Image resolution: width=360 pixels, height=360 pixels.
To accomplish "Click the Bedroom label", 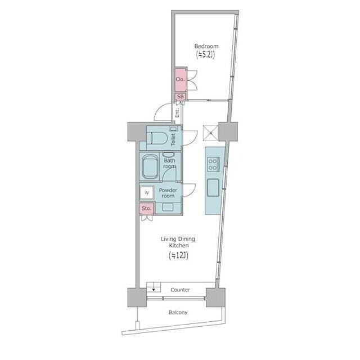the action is coord(206,46).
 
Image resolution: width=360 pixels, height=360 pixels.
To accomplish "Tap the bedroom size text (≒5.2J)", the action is coord(205,55).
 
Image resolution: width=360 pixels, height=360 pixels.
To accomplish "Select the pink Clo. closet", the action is coord(181,79).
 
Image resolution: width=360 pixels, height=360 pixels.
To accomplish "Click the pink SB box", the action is coord(181,97).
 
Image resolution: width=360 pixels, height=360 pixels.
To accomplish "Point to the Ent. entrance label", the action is coord(177,113).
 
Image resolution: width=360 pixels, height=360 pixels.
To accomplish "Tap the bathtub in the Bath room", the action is coord(150,167).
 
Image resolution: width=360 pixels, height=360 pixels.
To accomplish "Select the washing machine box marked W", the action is coord(147,193).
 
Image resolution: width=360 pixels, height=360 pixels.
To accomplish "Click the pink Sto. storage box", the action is coord(146,209).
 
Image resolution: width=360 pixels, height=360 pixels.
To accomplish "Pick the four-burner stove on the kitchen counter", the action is coord(214,164).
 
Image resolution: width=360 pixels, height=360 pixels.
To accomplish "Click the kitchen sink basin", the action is coord(213,188).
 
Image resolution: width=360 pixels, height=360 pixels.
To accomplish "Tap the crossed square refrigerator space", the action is coord(210,133).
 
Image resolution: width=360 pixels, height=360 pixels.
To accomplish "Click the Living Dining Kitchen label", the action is coord(178,242).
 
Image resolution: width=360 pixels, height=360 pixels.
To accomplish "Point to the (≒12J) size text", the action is coord(178,255).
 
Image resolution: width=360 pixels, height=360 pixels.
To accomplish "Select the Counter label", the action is coord(180,290).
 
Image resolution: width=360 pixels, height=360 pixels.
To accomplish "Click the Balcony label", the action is coord(178,313).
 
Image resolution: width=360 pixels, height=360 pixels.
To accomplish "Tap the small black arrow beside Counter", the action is coord(154,290).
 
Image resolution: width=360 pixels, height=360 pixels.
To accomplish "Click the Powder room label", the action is coord(168,193).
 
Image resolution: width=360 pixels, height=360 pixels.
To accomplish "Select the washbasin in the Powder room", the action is coord(168,207).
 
